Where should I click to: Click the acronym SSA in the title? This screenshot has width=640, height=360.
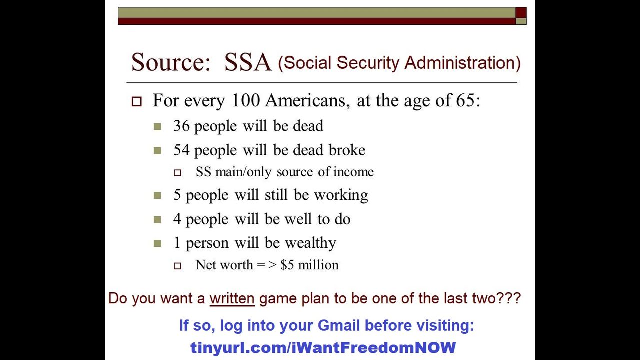click(248, 62)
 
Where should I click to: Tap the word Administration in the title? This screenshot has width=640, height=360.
click(463, 62)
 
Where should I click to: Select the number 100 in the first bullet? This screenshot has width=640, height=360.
click(245, 100)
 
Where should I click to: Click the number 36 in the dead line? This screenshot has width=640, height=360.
click(181, 125)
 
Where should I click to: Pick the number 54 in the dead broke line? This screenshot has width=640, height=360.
click(181, 150)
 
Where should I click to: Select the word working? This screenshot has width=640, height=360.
click(341, 195)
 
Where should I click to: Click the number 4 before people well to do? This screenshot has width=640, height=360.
click(177, 219)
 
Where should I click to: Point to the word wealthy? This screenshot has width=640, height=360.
click(311, 243)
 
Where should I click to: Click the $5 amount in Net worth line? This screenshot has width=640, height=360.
click(287, 265)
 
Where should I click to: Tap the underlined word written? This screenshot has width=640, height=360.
click(232, 298)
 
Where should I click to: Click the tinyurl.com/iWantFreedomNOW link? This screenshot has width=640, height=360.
click(323, 347)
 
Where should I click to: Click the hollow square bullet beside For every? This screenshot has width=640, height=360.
click(136, 101)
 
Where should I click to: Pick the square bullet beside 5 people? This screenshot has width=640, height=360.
click(157, 195)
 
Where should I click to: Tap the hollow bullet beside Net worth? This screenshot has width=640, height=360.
click(177, 266)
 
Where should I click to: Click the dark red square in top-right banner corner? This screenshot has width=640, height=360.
click(521, 13)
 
